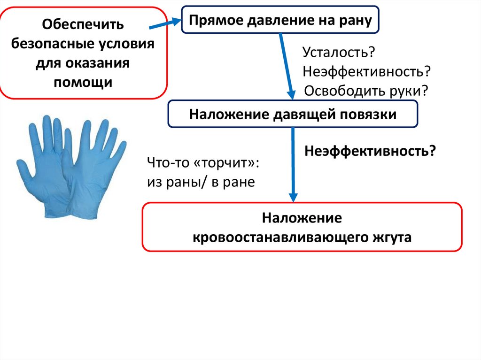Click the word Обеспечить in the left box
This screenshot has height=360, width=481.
point(83,23)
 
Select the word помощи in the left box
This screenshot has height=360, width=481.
point(83,82)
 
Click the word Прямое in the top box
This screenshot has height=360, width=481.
point(211,20)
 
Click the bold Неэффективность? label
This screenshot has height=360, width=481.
point(371,151)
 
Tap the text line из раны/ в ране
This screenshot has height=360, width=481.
point(201,182)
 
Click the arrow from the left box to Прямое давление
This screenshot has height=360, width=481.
point(165,23)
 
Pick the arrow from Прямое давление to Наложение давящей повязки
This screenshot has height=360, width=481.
point(287,66)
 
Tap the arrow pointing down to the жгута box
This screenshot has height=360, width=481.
point(293,164)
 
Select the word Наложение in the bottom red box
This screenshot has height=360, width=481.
point(302,218)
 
